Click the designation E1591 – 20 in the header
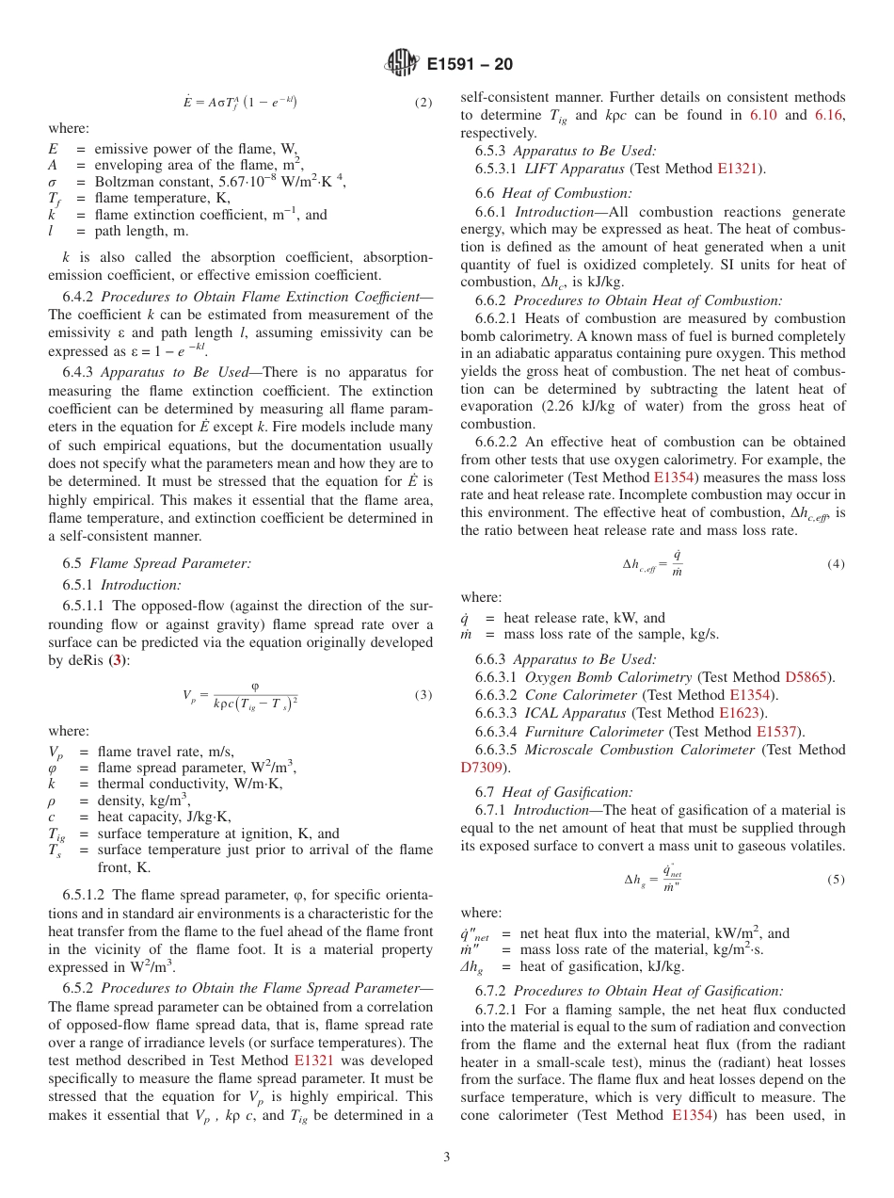pos(470,65)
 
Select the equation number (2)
pos(423,103)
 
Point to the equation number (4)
pos(836,564)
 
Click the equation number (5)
pos(836,880)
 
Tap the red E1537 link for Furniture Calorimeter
pos(777,732)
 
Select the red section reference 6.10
pos(763,115)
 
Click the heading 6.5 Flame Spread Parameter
pos(157,563)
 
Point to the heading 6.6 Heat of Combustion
pos(559,193)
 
